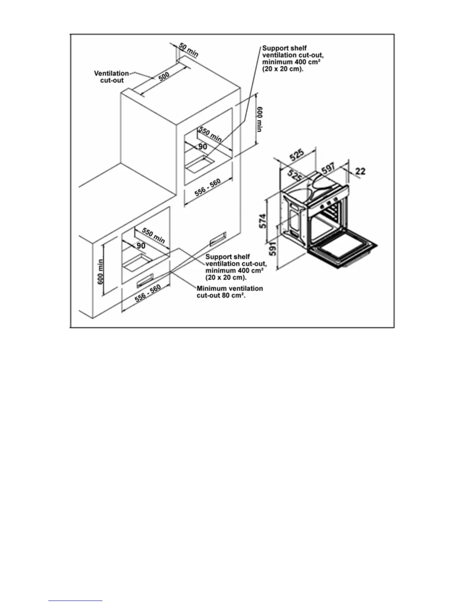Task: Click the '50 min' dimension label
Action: tap(188, 50)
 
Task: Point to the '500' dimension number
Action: tap(164, 76)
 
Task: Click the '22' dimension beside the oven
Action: tap(360, 171)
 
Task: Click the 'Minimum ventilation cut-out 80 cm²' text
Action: tap(230, 292)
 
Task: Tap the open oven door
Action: tap(342, 251)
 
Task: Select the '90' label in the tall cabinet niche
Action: tap(203, 147)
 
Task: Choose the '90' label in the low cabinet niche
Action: tap(141, 246)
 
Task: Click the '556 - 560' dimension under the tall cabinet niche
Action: tap(207, 188)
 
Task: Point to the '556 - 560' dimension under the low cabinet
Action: tap(147, 293)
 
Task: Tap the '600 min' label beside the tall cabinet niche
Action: tap(259, 119)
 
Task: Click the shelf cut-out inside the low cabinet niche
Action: tap(138, 263)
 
